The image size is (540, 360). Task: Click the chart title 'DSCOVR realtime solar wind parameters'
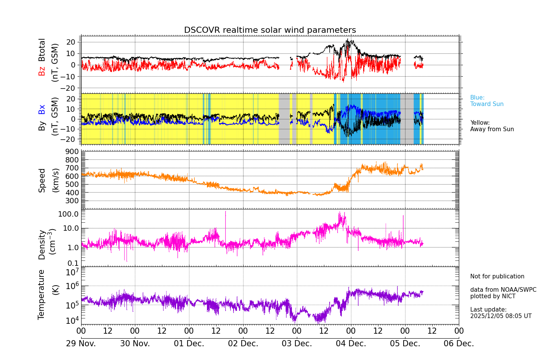pyautogui.click(x=270, y=31)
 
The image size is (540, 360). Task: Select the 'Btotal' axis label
pyautogui.click(x=42, y=50)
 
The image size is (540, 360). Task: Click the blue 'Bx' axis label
pyautogui.click(x=42, y=109)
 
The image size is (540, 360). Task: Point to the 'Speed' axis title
pyautogui.click(x=42, y=180)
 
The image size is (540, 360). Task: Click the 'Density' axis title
pyautogui.click(x=42, y=244)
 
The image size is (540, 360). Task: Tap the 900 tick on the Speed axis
pyautogui.click(x=73, y=152)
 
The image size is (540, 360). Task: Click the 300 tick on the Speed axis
pyautogui.click(x=73, y=201)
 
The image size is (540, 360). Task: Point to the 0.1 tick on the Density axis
pyautogui.click(x=73, y=263)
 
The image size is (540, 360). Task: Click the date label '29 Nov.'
pyautogui.click(x=81, y=344)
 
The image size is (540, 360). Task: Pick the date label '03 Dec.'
pyautogui.click(x=297, y=344)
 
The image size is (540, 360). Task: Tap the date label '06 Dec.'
pyautogui.click(x=459, y=344)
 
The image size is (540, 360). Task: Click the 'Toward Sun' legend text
pyautogui.click(x=487, y=104)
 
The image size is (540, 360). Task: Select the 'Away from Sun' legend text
pyautogui.click(x=492, y=129)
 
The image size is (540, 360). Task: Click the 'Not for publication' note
pyautogui.click(x=497, y=276)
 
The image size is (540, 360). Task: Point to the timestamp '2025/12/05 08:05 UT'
pyautogui.click(x=501, y=316)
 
